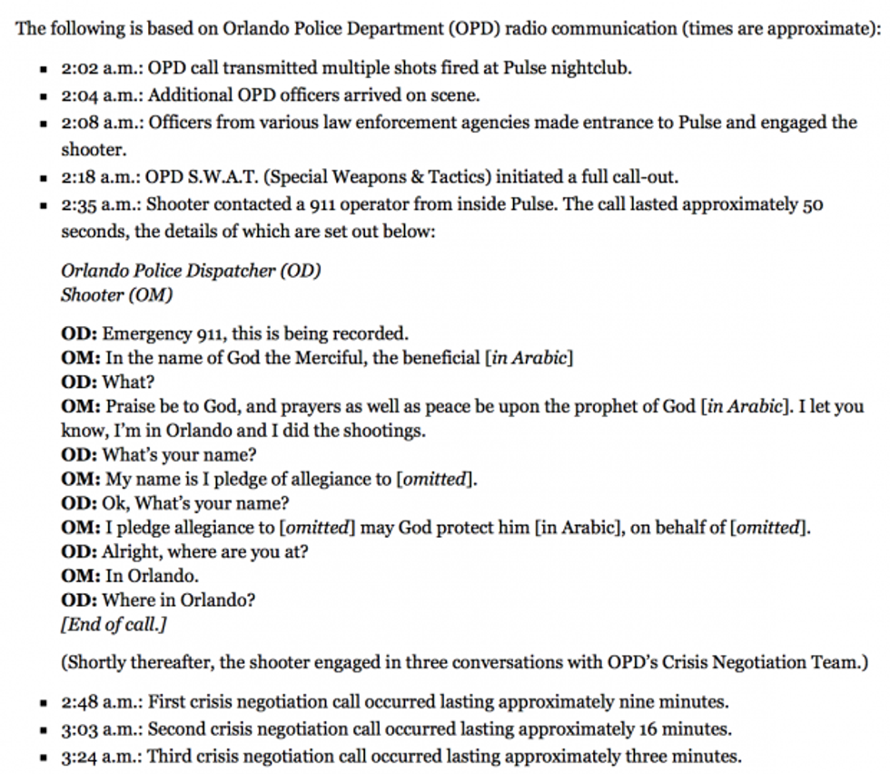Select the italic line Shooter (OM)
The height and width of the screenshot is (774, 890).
[x=116, y=294]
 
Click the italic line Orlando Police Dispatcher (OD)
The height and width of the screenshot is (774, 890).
[x=191, y=271]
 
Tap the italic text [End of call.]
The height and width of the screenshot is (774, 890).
[x=114, y=624]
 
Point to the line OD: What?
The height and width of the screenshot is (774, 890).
[x=107, y=382]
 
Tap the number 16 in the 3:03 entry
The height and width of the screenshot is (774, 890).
[x=649, y=729]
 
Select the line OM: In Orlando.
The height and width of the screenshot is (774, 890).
[x=130, y=575]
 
